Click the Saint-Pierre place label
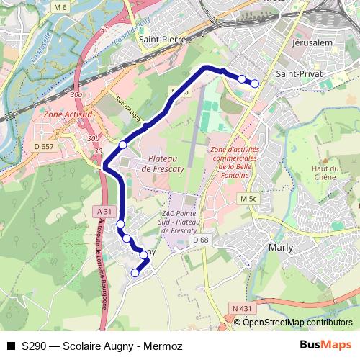[x=163, y=40]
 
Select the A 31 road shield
[x=105, y=211]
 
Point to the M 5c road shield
[x=249, y=199]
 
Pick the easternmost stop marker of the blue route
[x=254, y=84]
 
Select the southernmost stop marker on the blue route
[x=135, y=273]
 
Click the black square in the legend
[x=11, y=346]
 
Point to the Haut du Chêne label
[x=325, y=173]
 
